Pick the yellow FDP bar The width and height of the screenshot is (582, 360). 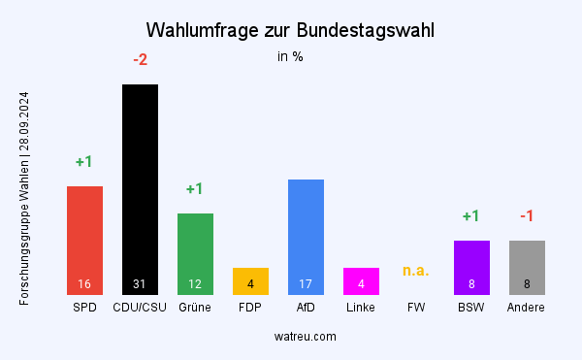[x=250, y=280]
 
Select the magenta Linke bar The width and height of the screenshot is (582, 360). [x=361, y=280]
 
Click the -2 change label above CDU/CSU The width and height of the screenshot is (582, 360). [x=140, y=60]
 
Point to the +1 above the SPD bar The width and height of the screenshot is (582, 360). [x=84, y=162]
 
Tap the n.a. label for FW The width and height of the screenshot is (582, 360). [x=416, y=271]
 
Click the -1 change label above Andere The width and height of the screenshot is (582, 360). [x=527, y=216]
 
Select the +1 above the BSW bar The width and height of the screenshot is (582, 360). [x=471, y=216]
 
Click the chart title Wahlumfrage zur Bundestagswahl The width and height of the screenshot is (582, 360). [x=290, y=30]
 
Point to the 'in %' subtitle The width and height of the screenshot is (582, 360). [x=290, y=56]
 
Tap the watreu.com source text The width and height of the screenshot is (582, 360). [x=306, y=337]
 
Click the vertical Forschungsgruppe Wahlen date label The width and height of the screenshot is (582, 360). [x=24, y=199]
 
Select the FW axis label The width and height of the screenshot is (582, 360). [x=416, y=308]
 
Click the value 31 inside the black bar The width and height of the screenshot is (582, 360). [x=140, y=284]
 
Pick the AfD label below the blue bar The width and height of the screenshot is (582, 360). [x=306, y=308]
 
